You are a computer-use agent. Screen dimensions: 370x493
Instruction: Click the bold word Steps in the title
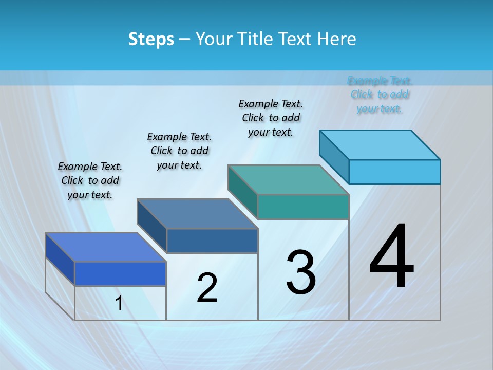click(x=151, y=39)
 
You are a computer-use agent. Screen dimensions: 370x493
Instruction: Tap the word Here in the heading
click(x=337, y=39)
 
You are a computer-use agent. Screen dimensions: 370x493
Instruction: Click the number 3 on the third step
click(x=301, y=272)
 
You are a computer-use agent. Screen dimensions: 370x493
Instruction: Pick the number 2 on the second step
click(x=207, y=288)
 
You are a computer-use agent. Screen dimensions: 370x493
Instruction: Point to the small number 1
click(x=119, y=303)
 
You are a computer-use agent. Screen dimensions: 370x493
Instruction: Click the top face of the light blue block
click(x=380, y=144)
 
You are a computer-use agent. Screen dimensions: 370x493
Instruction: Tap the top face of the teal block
click(x=289, y=180)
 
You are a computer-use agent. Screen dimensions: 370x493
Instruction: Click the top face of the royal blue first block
click(x=106, y=247)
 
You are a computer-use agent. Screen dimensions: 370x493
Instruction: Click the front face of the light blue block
click(x=394, y=172)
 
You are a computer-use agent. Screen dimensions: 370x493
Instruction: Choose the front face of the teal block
click(x=303, y=207)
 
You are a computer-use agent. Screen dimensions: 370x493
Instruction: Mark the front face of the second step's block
click(x=212, y=240)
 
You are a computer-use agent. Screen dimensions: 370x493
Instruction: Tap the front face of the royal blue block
click(x=120, y=273)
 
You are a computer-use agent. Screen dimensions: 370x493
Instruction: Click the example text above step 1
click(x=90, y=180)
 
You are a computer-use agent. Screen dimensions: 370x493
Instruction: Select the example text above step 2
click(x=179, y=151)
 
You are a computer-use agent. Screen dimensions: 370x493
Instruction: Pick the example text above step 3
click(x=271, y=118)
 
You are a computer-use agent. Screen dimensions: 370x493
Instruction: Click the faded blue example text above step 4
click(x=380, y=95)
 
